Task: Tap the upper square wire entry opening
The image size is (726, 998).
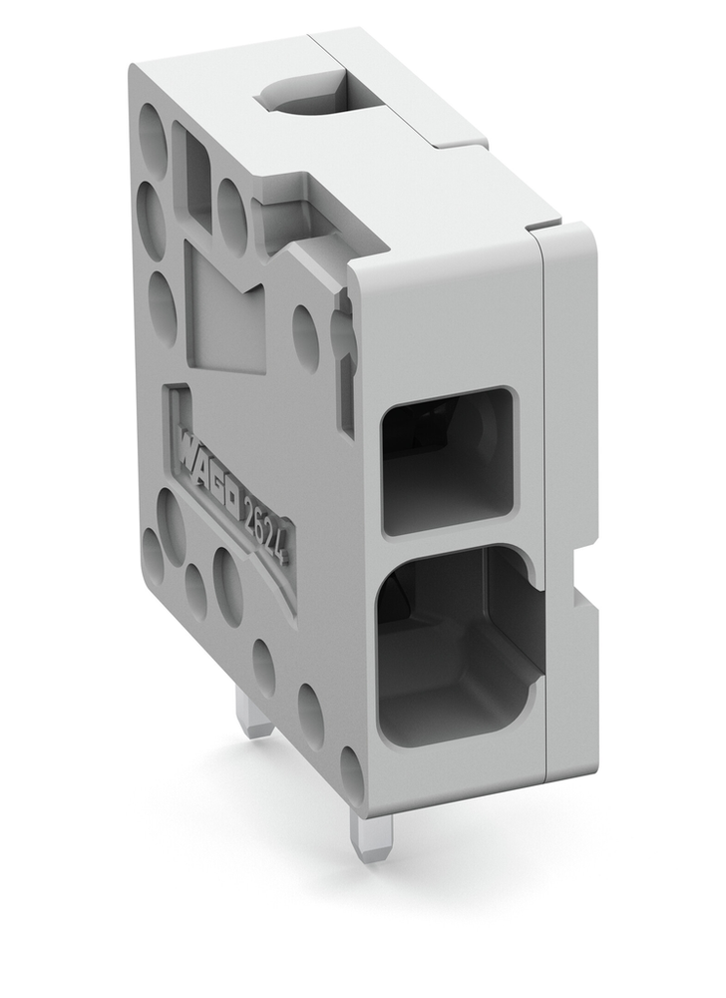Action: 448,460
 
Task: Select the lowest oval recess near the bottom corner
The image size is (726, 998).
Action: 352,771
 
